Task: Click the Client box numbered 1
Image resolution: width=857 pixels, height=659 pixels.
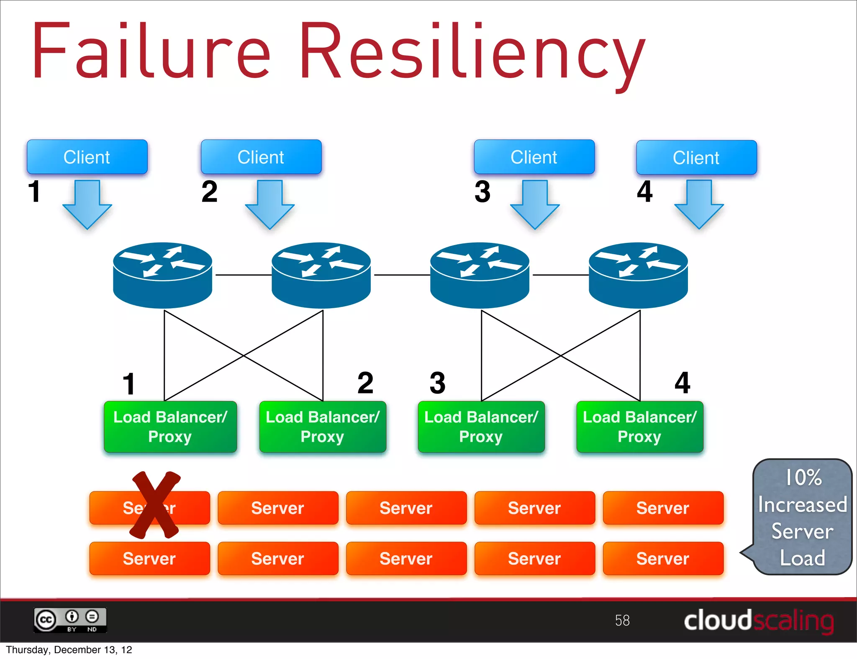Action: (87, 157)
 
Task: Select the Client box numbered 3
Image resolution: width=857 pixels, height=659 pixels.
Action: (534, 157)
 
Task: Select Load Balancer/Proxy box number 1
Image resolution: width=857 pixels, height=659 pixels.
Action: (170, 427)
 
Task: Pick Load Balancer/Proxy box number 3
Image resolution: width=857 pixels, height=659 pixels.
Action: (481, 427)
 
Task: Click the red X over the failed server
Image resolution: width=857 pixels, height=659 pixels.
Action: (155, 505)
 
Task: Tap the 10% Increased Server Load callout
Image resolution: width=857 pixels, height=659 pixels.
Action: (802, 517)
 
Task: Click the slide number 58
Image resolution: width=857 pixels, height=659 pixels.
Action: (622, 620)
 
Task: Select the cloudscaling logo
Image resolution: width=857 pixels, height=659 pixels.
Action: (758, 621)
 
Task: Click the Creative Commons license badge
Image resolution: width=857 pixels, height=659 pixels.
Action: (70, 620)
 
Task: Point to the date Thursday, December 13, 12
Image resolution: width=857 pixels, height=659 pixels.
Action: (69, 650)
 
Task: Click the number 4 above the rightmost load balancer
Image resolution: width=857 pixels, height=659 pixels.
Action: (682, 383)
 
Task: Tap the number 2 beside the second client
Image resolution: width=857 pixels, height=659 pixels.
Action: (209, 192)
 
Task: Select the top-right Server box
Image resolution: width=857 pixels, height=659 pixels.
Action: (663, 508)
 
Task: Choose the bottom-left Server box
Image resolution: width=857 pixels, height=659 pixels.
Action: (149, 559)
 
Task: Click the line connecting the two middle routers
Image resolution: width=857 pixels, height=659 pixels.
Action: (402, 275)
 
